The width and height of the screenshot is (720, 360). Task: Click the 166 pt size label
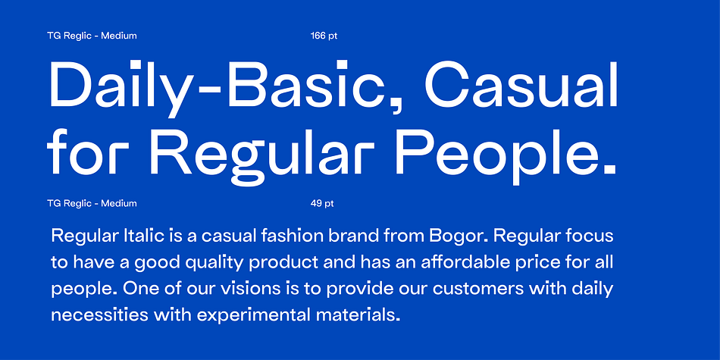pos(324,36)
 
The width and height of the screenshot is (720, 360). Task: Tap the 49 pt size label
pos(322,203)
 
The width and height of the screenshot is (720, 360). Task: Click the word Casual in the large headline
pos(521,84)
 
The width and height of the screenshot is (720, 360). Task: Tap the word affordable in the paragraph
pos(465,262)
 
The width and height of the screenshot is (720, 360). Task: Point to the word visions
pos(249,289)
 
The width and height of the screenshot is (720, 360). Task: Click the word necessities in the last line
pos(99,315)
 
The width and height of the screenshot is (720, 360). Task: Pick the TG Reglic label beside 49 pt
pos(92,203)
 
